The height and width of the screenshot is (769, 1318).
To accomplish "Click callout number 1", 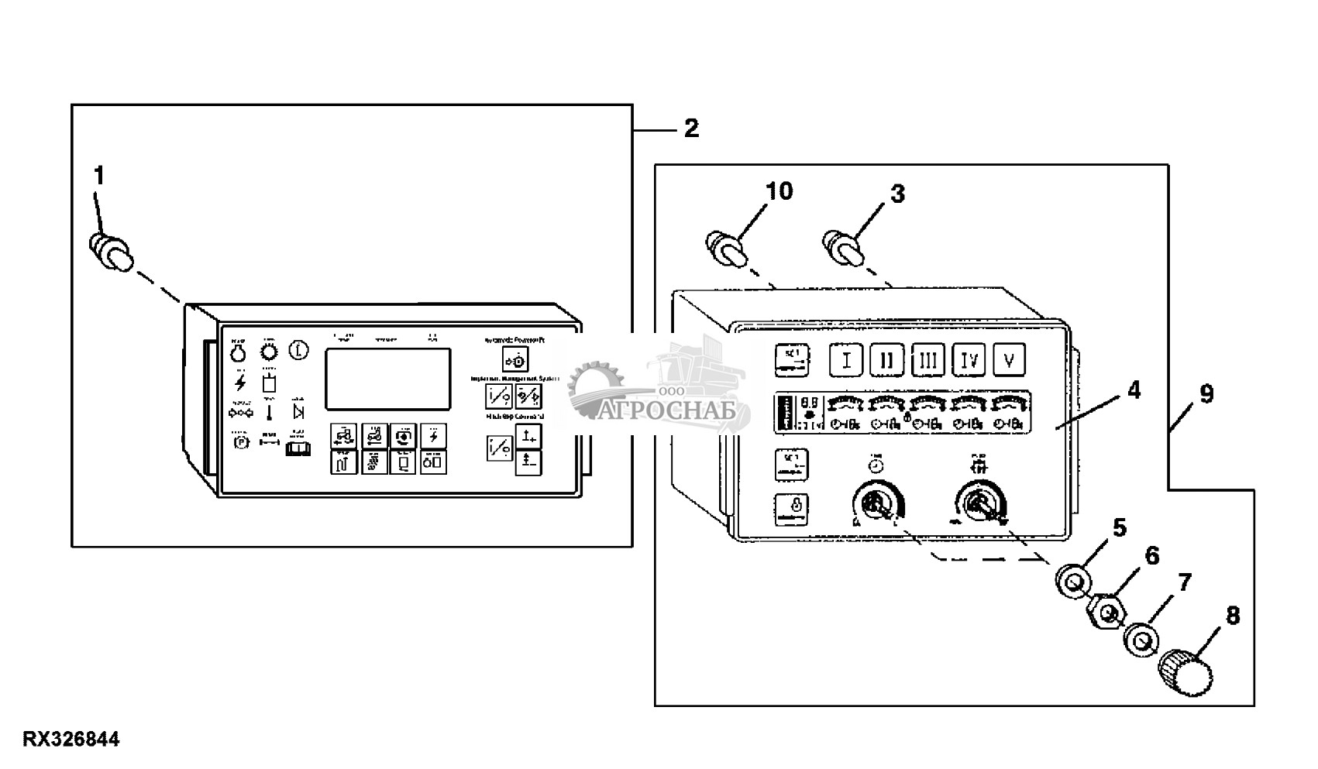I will coord(98,177).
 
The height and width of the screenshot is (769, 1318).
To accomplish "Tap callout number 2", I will coord(691,129).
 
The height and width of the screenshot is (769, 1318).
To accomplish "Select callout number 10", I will coord(779,191).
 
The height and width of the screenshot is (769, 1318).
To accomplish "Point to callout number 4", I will coord(1134,391).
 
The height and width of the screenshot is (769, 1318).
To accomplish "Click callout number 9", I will coord(1206,394).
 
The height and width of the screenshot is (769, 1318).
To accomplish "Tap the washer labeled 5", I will coord(1072,581).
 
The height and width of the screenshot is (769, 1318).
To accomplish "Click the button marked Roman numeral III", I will coord(928,359).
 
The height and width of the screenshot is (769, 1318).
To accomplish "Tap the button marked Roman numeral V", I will coord(1009,359).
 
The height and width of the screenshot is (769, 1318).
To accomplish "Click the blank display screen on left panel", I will coord(387,379).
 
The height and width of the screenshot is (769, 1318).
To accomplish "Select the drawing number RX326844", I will coord(71,740).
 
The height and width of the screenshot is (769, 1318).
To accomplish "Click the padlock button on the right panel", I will coord(792,510).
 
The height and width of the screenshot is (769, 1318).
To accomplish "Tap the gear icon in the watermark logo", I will coord(595,388).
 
